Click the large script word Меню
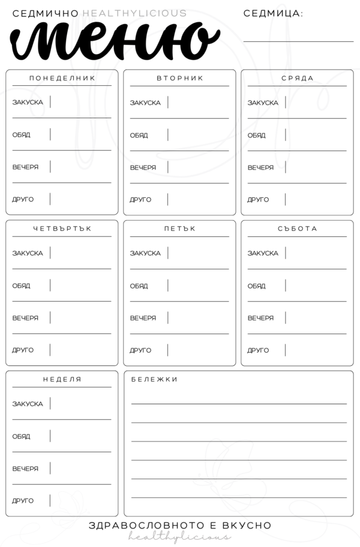114,39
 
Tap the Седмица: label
273,13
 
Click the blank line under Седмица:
298,41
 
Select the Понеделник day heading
62,79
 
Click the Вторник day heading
180,79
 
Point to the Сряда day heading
298,79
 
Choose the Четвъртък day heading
62,229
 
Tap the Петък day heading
180,229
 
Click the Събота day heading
298,229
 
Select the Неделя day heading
62,380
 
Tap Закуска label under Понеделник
28,103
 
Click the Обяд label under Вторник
139,135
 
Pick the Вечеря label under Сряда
260,167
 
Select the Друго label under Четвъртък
23,350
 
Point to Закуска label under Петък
145,253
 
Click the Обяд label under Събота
257,285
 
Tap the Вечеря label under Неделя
25,468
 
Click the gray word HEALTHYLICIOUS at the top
134,13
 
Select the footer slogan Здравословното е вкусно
180,525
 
